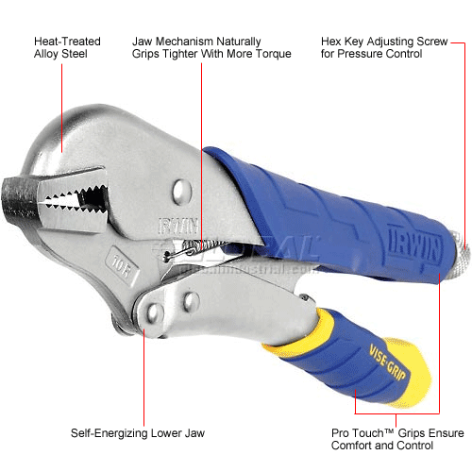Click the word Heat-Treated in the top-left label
pos(67,42)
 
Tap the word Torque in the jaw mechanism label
pos(273,54)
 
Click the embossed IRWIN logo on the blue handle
pos(414,245)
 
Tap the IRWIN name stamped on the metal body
pos(178,226)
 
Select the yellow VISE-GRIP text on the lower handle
pos(388,362)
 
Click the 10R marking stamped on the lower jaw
pos(122,266)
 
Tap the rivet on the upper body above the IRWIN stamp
pos(181,192)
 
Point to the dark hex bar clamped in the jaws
pos(19,201)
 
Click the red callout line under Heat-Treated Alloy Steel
pos(61,109)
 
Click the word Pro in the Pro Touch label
pos(341,433)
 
